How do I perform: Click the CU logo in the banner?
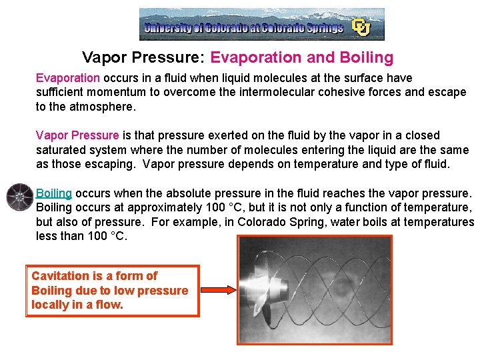click(361, 27)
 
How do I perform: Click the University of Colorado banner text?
click(244, 28)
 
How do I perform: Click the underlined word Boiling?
click(54, 193)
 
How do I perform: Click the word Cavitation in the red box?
click(60, 276)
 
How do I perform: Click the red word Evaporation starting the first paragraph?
click(67, 78)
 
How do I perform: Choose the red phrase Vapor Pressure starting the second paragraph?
click(77, 135)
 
